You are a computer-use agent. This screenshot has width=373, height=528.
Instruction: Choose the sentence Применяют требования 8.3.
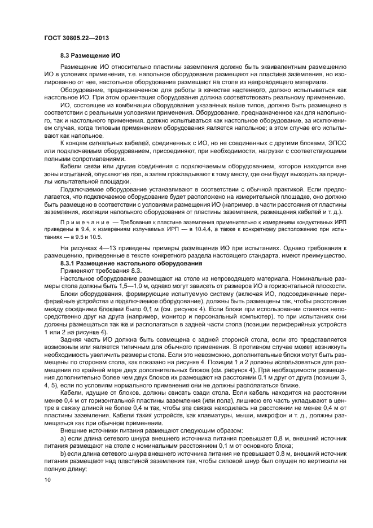[x=96, y=271]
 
